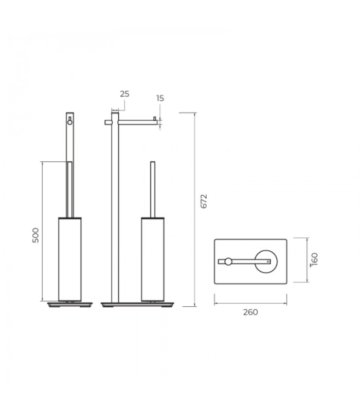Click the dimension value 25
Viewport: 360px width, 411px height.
tap(124, 94)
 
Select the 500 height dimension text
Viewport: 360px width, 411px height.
tap(35, 235)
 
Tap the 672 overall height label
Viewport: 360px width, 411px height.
tap(204, 201)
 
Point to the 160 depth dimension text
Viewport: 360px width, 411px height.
tap(315, 260)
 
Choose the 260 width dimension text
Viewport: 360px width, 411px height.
tap(250, 312)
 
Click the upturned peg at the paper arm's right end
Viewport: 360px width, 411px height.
tap(154, 119)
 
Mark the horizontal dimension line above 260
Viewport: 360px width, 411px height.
tap(250, 303)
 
